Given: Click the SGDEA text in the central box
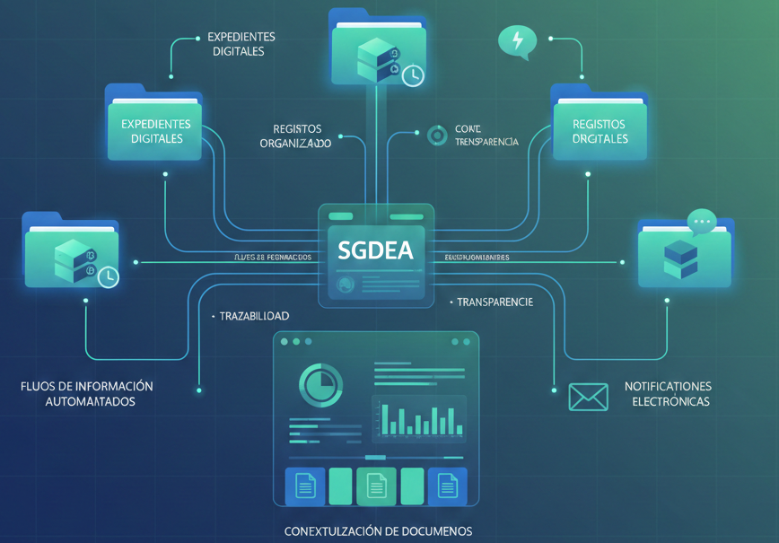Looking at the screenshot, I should click(x=376, y=250).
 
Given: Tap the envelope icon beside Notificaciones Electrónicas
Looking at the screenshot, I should click(x=588, y=396).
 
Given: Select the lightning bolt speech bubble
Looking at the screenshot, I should click(x=517, y=41).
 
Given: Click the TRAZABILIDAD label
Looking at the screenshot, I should click(x=253, y=317).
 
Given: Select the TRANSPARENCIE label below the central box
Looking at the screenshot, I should click(x=493, y=302).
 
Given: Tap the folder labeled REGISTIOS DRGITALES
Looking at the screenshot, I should click(x=600, y=126).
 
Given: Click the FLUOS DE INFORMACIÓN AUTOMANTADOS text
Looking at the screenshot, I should click(x=87, y=394).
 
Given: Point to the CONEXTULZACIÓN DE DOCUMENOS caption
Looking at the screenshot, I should click(x=378, y=531).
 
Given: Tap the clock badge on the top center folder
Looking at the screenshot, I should click(x=412, y=74).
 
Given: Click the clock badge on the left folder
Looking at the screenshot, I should click(x=107, y=276).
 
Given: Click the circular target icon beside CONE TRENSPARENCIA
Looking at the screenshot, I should click(x=437, y=136).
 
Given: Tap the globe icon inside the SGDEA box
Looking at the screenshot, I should click(x=343, y=285).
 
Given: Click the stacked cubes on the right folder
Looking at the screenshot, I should click(x=680, y=258).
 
